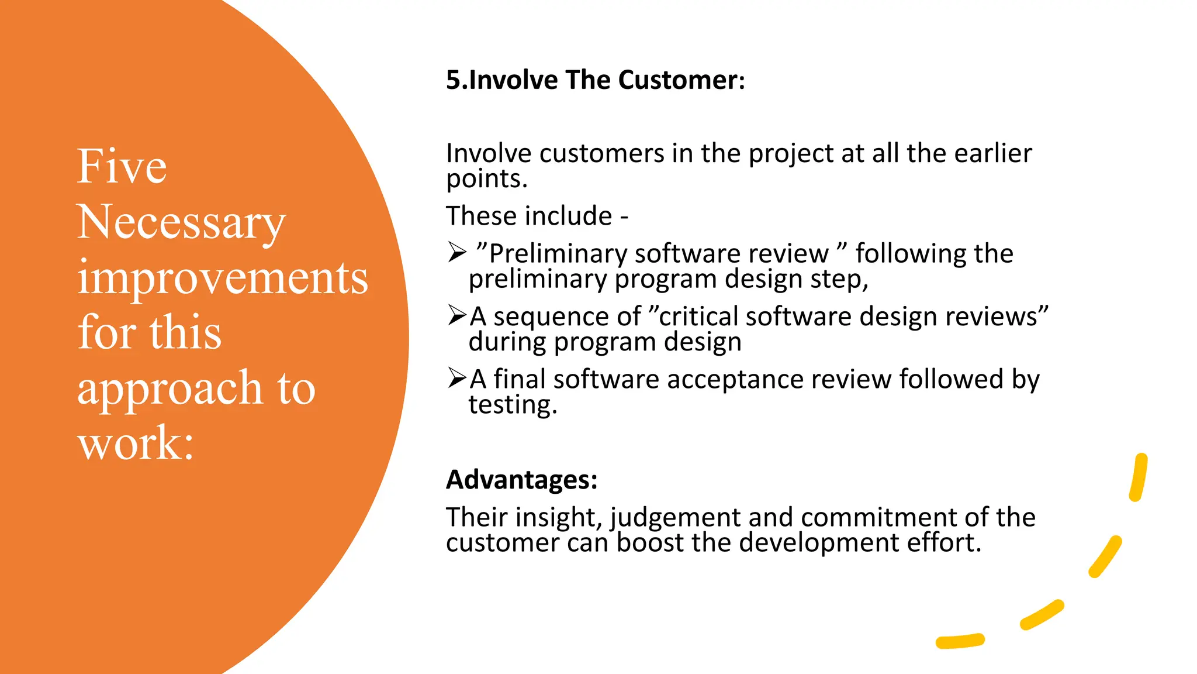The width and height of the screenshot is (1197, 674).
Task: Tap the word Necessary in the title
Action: pos(181,223)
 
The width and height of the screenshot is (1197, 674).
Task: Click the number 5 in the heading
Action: pos(453,80)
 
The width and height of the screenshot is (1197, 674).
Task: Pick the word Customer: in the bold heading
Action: pos(681,80)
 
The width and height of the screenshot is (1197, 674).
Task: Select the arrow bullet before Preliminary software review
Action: pos(457,253)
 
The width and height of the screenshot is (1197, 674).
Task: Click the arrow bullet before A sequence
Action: pos(457,315)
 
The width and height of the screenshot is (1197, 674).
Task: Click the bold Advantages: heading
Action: pos(521,480)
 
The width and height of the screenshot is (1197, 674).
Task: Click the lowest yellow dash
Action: pos(960,641)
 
